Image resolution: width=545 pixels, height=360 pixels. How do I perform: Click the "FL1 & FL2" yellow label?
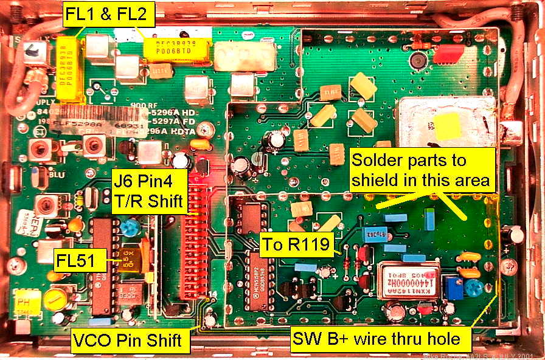tap(108, 15)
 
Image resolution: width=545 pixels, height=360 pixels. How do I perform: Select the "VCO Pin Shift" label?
tap(127, 340)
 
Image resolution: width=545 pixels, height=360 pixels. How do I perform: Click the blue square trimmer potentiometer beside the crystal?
tap(453, 288)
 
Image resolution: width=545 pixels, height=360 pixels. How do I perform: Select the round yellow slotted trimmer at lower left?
tap(57, 297)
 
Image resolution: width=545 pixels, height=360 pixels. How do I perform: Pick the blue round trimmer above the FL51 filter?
tap(128, 228)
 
